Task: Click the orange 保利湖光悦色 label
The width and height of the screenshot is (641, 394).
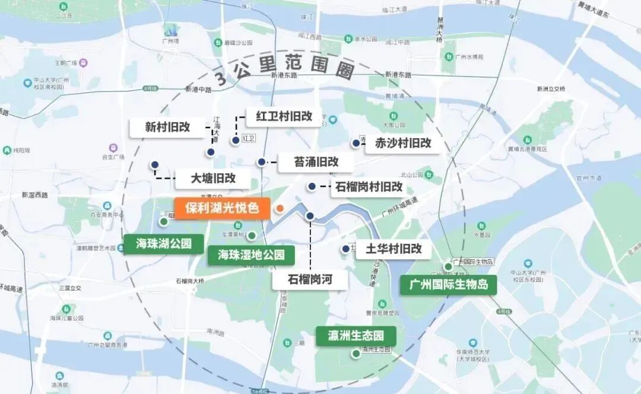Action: [222, 208]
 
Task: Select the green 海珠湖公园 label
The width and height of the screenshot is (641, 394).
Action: [161, 244]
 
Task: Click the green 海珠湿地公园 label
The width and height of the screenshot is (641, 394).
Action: [251, 256]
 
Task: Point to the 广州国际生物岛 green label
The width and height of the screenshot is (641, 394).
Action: [448, 285]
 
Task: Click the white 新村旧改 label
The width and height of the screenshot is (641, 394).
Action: [167, 127]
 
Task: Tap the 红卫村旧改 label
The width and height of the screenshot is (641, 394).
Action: [284, 116]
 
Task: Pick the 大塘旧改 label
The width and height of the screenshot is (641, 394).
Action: [213, 178]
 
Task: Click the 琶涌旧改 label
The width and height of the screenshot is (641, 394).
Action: [316, 161]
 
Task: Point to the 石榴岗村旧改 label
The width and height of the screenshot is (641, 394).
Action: [369, 187]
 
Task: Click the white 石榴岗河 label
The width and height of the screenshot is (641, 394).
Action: [310, 279]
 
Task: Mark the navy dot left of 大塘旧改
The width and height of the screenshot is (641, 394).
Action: [155, 165]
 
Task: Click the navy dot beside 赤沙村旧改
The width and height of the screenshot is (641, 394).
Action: [356, 143]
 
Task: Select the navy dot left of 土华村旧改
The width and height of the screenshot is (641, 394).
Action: [345, 249]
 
